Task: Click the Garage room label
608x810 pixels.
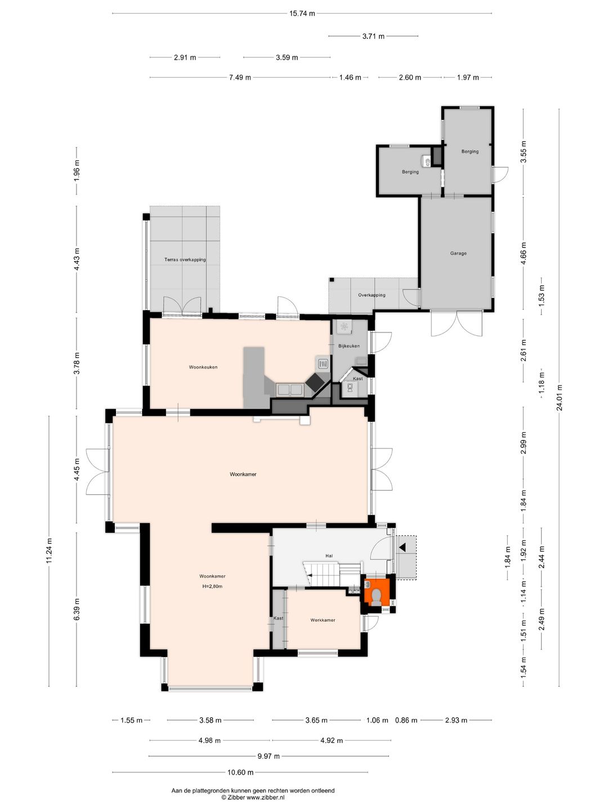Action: coord(458,254)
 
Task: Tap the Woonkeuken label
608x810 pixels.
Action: coord(203,367)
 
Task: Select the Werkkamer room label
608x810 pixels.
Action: coord(323,620)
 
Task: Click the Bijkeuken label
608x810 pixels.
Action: coord(349,346)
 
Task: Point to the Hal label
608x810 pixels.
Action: coord(329,556)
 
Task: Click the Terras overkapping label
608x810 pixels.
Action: coord(185,260)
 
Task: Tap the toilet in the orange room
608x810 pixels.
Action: coord(376,596)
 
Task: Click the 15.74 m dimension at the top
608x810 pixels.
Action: coord(302,13)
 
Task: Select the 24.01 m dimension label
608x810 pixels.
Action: coord(560,398)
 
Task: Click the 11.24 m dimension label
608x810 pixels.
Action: coord(49,551)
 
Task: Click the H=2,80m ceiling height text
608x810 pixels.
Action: coord(212,586)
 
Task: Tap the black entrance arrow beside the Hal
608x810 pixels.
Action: coord(403,547)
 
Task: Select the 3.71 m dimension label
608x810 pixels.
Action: coord(373,36)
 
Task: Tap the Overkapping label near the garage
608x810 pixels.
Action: coord(372,295)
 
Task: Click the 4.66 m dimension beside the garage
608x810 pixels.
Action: coord(523,254)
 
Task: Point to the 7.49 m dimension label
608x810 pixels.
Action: coord(240,78)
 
